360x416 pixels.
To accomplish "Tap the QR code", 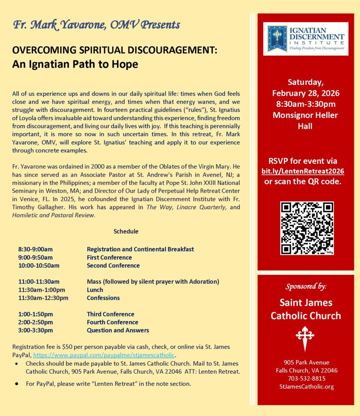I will point(307,228).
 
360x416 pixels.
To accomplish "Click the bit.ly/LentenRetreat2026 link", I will point(303,171).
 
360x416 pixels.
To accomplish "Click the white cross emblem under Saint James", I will point(305,337).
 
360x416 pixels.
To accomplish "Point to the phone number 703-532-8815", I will point(306,378).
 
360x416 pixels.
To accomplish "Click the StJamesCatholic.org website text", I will point(306,386).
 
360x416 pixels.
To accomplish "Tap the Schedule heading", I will point(126,232).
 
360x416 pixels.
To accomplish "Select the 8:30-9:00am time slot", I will point(35,249).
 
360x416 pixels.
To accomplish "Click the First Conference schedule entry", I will point(109,257).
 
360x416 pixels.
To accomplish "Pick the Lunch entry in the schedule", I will point(95,290).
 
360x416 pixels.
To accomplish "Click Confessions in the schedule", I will point(103,298).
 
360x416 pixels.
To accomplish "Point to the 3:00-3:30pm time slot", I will point(35,330).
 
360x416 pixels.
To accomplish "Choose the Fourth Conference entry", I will point(113,322).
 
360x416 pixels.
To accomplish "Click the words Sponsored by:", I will point(306,286).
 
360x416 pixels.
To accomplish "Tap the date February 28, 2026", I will point(306,93).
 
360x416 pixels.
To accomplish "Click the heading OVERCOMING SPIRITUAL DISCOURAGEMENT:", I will point(115,50).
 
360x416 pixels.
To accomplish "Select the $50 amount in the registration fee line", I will point(67,347).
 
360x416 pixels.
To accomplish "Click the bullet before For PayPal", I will point(17,383).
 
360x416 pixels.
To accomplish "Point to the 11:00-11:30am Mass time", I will point(39,282).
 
